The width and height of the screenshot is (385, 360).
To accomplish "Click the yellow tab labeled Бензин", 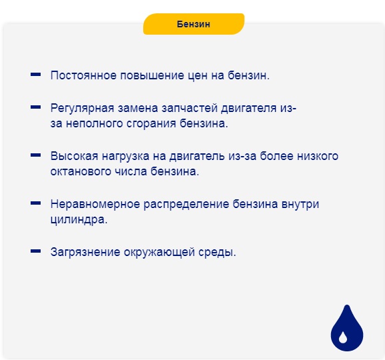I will click(x=194, y=24).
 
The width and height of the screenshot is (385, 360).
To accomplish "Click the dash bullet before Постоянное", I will click(x=36, y=75).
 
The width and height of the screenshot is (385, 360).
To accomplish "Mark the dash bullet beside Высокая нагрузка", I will click(x=36, y=155).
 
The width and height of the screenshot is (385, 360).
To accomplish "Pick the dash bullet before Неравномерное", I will click(x=36, y=203).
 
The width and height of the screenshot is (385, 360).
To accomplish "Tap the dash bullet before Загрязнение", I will click(x=36, y=252).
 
